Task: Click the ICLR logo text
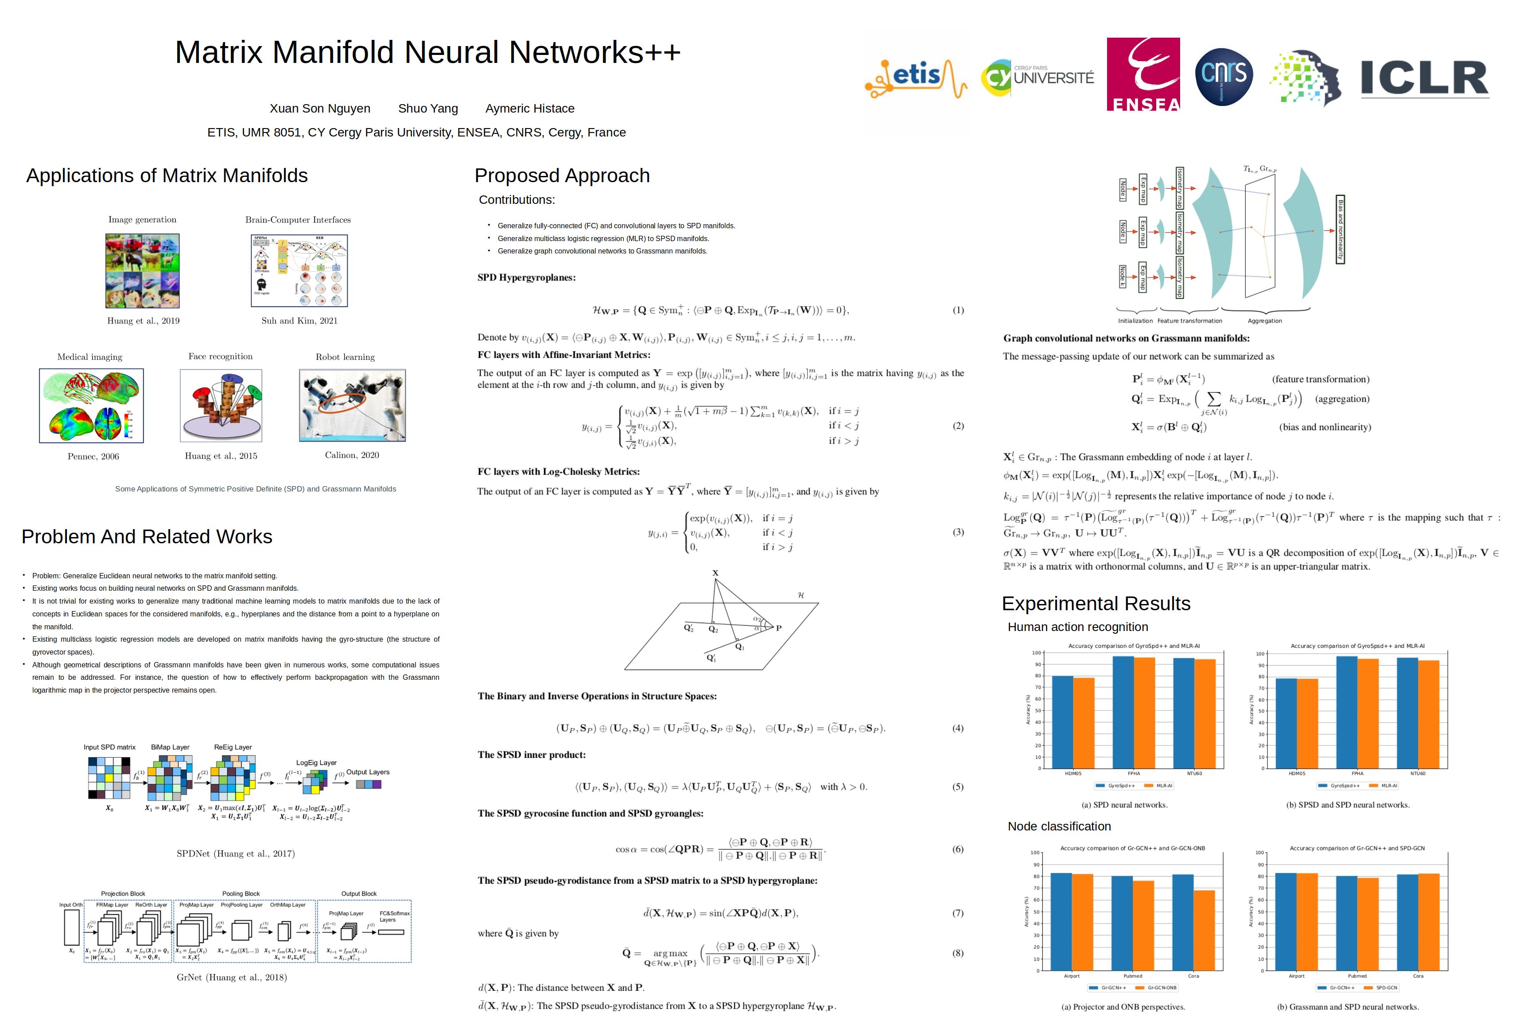(1424, 78)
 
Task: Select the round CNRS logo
(1224, 76)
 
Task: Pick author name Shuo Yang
(427, 109)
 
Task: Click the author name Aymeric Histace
(530, 109)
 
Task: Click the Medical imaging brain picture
(91, 405)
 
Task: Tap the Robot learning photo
(352, 405)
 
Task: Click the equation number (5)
(957, 787)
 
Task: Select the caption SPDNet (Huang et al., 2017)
(236, 853)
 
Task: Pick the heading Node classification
(1059, 826)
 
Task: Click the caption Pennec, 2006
(93, 456)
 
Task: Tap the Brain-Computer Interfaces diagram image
(299, 270)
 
